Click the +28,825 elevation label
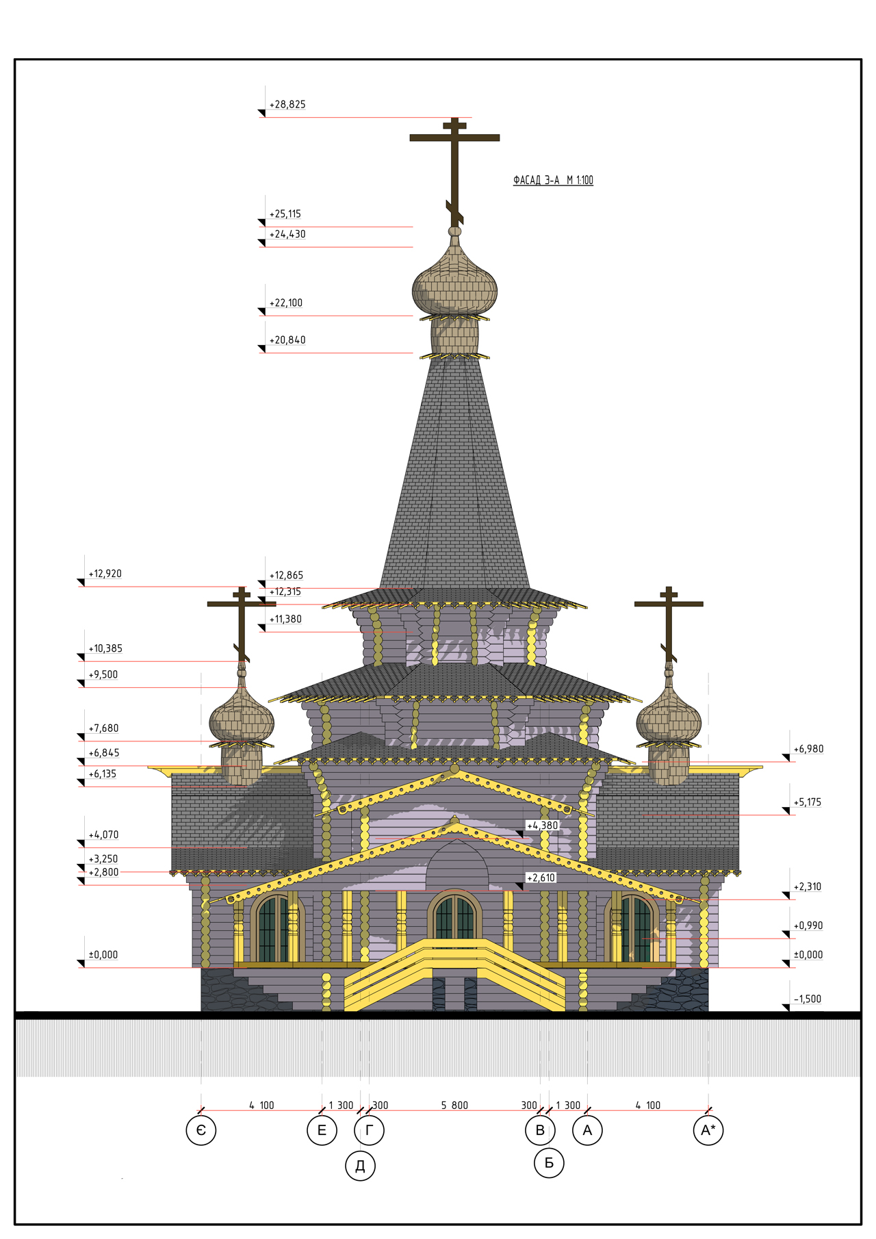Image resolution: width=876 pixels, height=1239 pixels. pyautogui.click(x=287, y=105)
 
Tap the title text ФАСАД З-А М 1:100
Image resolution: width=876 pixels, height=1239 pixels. pyautogui.click(x=553, y=180)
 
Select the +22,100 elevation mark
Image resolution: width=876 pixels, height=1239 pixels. pyautogui.click(x=285, y=303)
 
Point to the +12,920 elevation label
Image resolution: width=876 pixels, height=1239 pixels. pyautogui.click(x=105, y=574)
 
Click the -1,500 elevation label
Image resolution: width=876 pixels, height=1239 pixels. pyautogui.click(x=808, y=999)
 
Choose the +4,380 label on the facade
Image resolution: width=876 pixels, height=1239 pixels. pyautogui.click(x=542, y=826)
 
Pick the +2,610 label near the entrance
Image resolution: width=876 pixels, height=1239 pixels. pyautogui.click(x=541, y=878)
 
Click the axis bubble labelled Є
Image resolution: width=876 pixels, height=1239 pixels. pyautogui.click(x=201, y=1130)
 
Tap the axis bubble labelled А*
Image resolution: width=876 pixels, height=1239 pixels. pyautogui.click(x=708, y=1130)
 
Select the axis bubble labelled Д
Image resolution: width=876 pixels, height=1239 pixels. pyautogui.click(x=360, y=1165)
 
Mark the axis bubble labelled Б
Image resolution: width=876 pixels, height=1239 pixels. pyautogui.click(x=549, y=1162)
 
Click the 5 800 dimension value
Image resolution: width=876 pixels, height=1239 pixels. pyautogui.click(x=454, y=1106)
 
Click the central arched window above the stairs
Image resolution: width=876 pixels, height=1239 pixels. pyautogui.click(x=454, y=915)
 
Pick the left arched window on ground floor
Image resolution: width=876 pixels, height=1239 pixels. pyautogui.click(x=276, y=928)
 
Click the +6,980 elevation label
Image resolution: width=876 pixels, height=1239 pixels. pyautogui.click(x=808, y=749)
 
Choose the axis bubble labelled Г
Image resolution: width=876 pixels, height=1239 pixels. pyautogui.click(x=369, y=1130)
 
